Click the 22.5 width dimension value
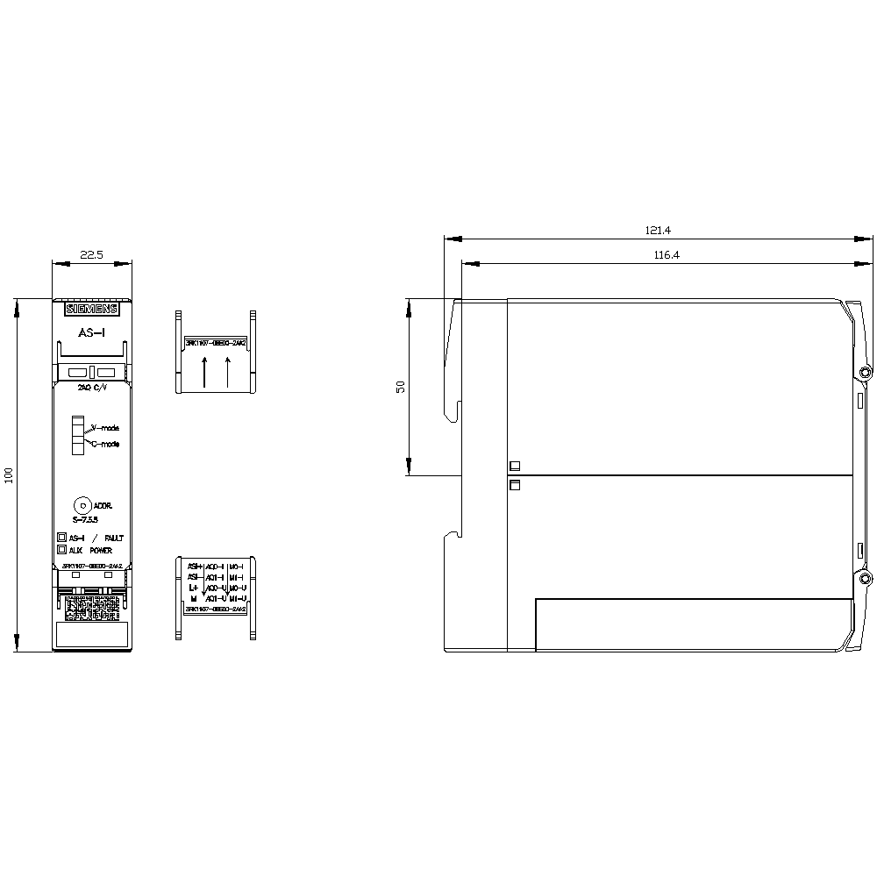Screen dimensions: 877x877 point(91,255)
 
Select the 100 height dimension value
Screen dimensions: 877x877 point(9,475)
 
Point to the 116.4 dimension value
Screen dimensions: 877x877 point(667,255)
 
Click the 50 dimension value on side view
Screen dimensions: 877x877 point(400,387)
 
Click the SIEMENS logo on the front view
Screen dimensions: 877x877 point(91,310)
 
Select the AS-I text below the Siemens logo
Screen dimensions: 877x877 point(92,333)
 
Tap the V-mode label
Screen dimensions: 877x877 point(105,428)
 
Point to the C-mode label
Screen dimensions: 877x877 point(105,445)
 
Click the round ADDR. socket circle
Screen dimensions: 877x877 point(82,505)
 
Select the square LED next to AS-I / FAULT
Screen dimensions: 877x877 point(62,537)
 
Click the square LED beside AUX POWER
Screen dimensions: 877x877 point(62,550)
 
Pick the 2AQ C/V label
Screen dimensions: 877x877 point(91,386)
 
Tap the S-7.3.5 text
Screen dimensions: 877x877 point(86,519)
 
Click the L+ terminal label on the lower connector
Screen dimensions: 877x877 point(193,587)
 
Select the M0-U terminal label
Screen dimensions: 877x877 point(237,587)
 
